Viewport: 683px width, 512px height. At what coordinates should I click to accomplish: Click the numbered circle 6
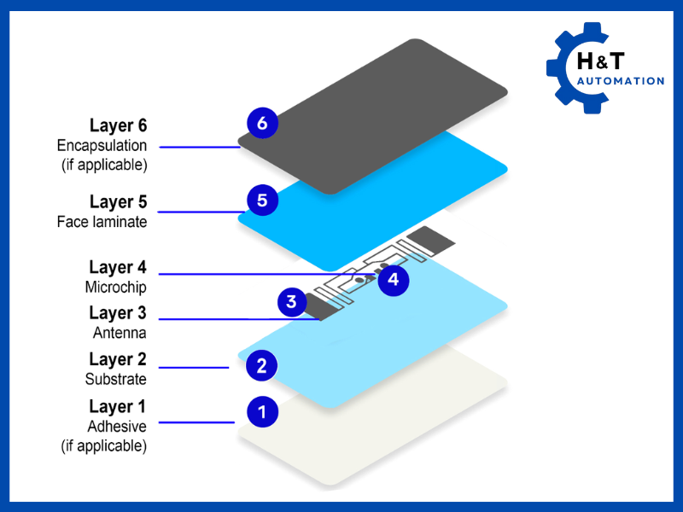point(262,123)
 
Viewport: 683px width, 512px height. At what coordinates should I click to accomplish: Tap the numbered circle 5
point(262,201)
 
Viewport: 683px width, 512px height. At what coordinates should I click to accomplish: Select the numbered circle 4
point(393,279)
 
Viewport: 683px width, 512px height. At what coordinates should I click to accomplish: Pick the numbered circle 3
point(292,301)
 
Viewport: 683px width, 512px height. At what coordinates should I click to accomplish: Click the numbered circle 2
point(262,366)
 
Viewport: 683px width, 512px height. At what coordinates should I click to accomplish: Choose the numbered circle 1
point(262,412)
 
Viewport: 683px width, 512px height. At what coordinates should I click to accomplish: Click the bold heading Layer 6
point(118,126)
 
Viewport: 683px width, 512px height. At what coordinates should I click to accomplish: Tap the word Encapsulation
point(102,146)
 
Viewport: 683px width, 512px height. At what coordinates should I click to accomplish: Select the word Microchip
point(115,287)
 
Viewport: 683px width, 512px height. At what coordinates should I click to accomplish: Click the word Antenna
point(120,333)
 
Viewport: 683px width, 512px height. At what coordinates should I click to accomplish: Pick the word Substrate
point(115,379)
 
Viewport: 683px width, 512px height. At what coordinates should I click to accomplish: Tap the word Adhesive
point(117,426)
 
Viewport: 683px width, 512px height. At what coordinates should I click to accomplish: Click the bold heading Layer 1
point(118,406)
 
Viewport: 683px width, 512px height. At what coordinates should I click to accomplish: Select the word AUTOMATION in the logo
point(621,81)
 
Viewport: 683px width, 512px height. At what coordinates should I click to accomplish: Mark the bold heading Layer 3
point(118,313)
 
